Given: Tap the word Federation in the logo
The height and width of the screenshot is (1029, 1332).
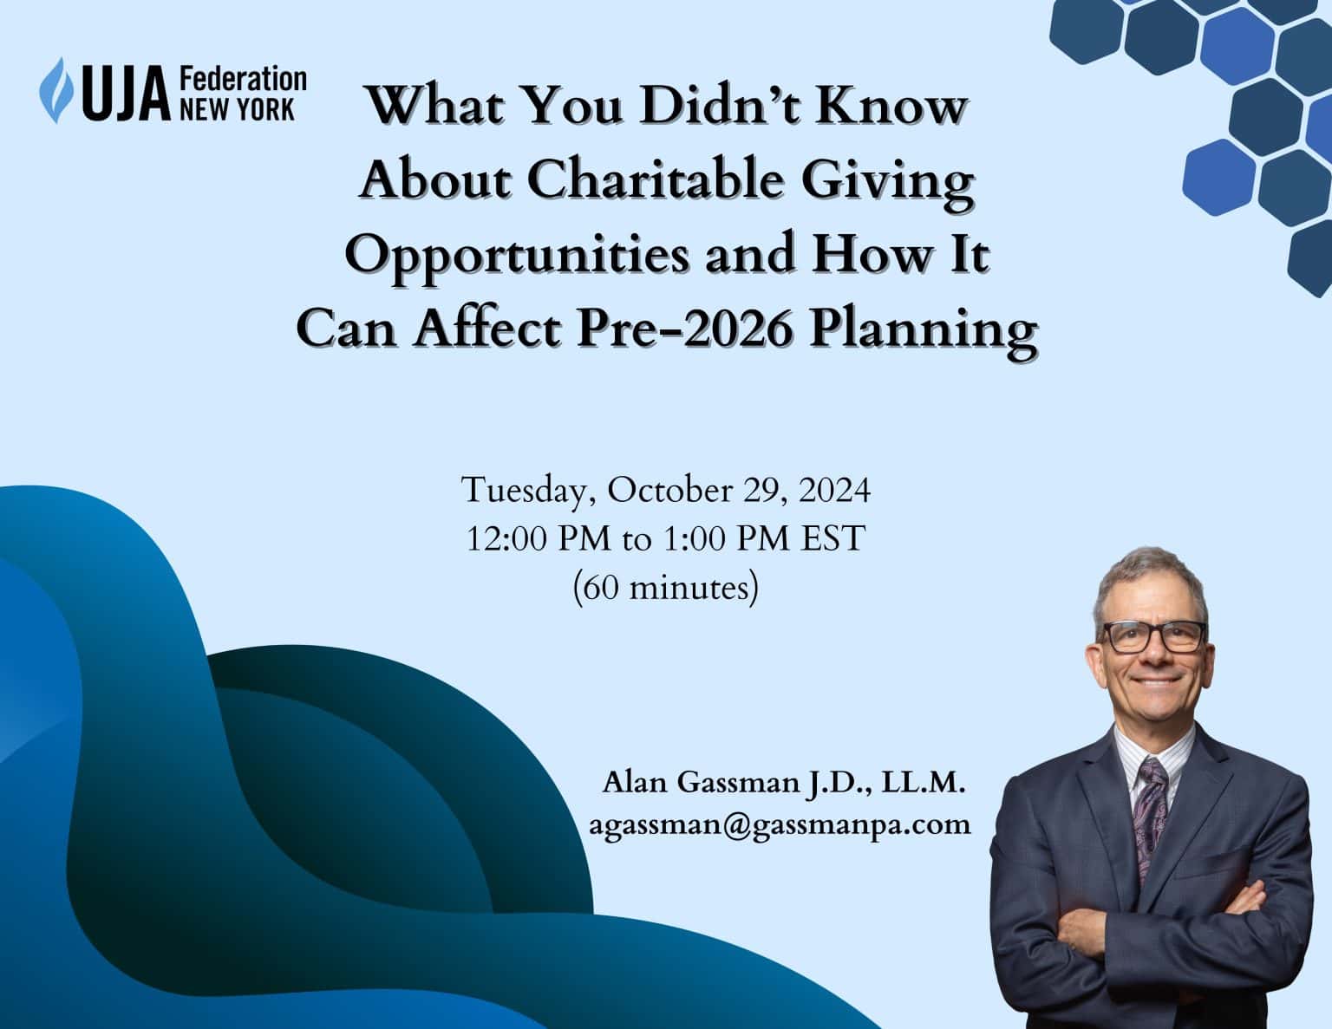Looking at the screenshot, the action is pos(243,80).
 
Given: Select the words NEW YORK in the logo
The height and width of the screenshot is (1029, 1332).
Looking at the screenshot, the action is pos(237,111).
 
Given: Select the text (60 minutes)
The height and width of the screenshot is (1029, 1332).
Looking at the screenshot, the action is pos(666,589).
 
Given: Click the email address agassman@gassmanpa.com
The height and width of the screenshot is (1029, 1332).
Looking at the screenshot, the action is pos(780,825).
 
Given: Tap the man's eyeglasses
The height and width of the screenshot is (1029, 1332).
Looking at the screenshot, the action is pos(1153,637).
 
